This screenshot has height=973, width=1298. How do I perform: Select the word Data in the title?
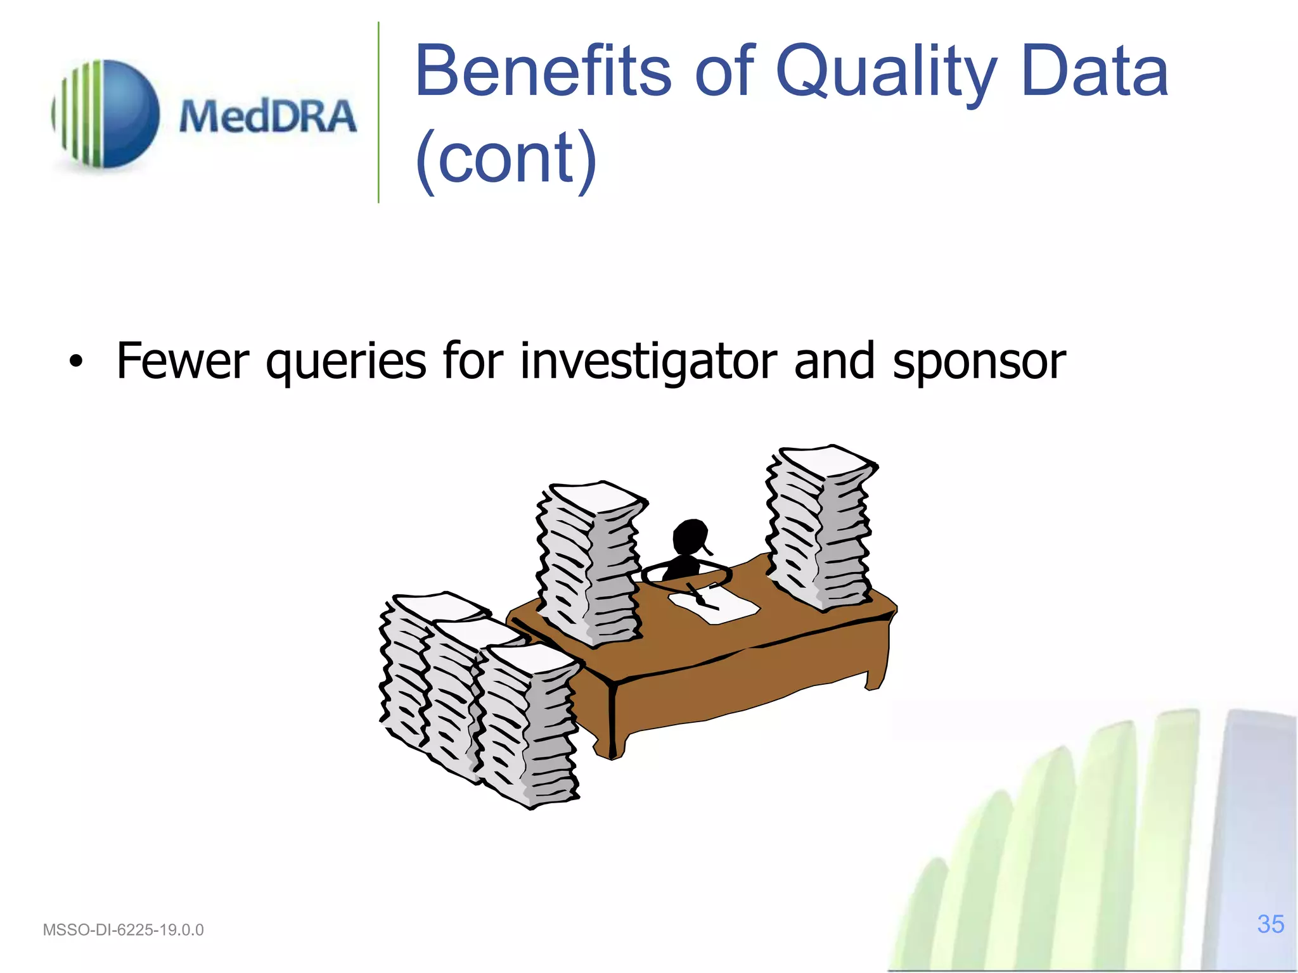click(x=1095, y=71)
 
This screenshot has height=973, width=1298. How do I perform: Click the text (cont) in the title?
click(x=506, y=158)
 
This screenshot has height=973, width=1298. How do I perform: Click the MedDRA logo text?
click(x=267, y=117)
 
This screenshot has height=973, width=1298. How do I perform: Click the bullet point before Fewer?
click(x=76, y=362)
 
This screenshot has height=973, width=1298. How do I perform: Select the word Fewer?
click(x=183, y=361)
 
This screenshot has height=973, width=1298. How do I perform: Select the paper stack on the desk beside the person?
click(x=589, y=564)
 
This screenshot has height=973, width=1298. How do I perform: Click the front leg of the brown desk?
click(x=612, y=722)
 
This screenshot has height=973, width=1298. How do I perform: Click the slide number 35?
click(x=1270, y=924)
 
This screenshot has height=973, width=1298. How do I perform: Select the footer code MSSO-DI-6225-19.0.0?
click(x=123, y=930)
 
